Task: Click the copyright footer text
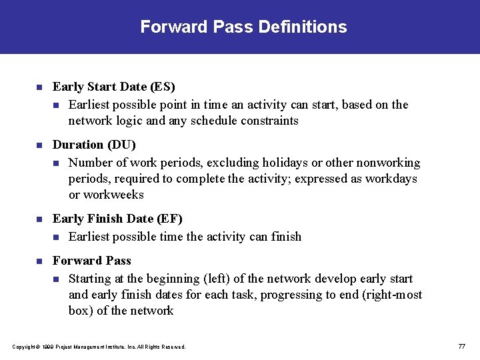tap(99, 347)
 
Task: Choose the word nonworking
tap(388, 163)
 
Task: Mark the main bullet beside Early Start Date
tap(39, 87)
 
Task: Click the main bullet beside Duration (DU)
tap(39, 145)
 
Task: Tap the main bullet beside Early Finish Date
tap(39, 219)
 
